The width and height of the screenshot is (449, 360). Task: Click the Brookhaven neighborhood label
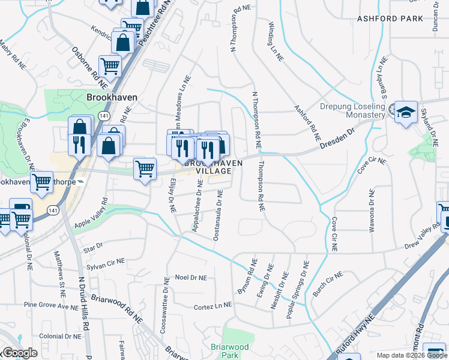point(112,97)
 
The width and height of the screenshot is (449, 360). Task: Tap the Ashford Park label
point(390,19)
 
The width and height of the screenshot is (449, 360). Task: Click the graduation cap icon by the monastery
point(406,112)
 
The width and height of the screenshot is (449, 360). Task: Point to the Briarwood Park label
point(229,350)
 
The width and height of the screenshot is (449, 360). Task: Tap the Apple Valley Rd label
point(90,214)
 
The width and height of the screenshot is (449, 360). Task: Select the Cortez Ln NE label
point(212,307)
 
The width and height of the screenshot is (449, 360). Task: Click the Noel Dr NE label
point(190,278)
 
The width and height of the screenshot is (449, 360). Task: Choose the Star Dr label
point(94,246)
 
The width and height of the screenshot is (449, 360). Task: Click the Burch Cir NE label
point(327,284)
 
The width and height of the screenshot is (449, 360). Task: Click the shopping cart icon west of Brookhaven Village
point(145,169)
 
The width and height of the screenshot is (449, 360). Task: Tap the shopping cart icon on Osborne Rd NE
point(110,65)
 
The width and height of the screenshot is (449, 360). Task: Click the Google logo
point(20,353)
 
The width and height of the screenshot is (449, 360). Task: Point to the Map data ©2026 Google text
point(411,355)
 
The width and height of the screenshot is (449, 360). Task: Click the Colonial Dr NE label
point(60,337)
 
